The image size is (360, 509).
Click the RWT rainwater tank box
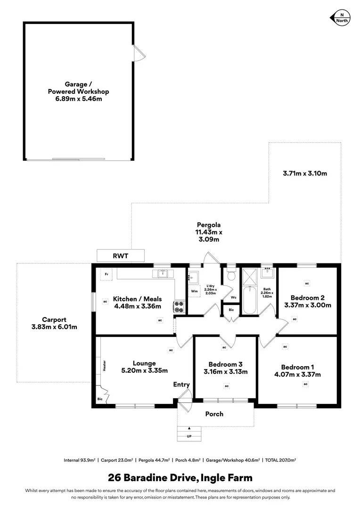pos(121,256)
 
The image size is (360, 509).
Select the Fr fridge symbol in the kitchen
pos(106,274)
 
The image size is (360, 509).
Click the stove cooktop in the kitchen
pos(180,307)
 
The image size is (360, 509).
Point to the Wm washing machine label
pos(194,291)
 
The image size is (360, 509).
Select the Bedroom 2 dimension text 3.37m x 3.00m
pos(308,305)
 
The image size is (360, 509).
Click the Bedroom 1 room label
pos(297,367)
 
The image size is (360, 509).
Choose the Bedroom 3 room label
pos(225,364)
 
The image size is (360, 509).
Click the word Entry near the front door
pos(181,385)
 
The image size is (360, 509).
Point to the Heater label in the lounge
pos(104,366)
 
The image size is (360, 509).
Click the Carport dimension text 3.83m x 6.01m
pos(53,327)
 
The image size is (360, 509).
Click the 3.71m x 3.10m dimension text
pos(304,173)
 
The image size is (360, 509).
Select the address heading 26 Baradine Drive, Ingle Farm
pos(180,477)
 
